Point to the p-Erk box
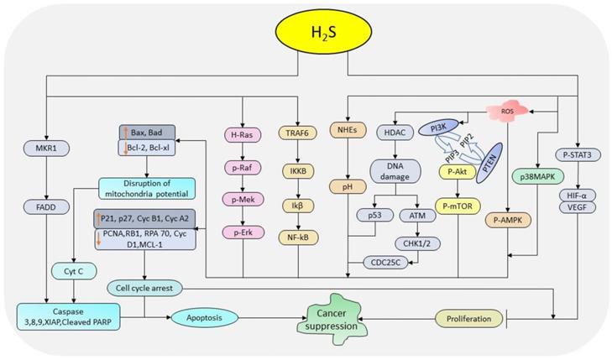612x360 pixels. pos(243,231)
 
